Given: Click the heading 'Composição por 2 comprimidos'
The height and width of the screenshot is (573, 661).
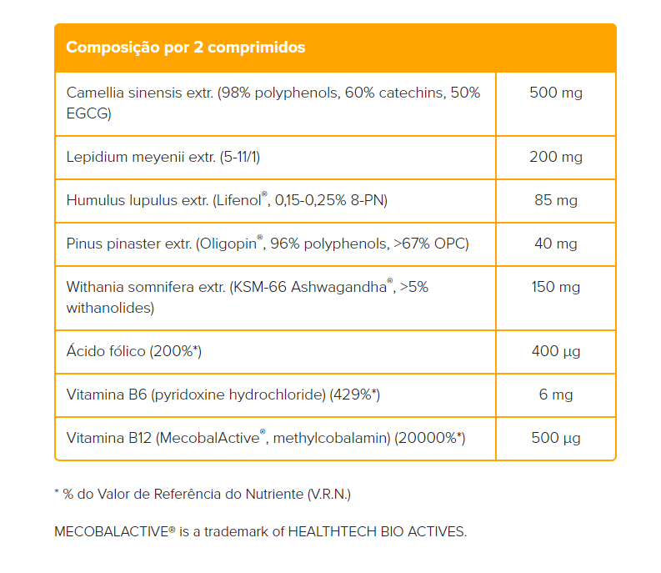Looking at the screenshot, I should pyautogui.click(x=185, y=48).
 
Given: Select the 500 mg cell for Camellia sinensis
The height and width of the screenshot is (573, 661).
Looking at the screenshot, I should pyautogui.click(x=555, y=93).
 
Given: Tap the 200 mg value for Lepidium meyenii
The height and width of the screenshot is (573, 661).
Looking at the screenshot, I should pyautogui.click(x=555, y=157).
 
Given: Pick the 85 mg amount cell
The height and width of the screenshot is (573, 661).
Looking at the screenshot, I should pyautogui.click(x=555, y=200).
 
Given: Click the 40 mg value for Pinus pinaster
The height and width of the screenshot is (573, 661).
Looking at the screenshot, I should pyautogui.click(x=555, y=244).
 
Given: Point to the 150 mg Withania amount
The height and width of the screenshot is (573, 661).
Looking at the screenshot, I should pyautogui.click(x=555, y=287).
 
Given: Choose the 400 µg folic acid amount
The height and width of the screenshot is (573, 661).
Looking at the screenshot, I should pyautogui.click(x=555, y=351).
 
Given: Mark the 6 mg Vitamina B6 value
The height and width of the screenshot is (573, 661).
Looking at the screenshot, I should pyautogui.click(x=555, y=395).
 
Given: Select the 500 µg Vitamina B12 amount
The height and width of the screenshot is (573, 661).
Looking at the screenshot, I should pyautogui.click(x=555, y=438).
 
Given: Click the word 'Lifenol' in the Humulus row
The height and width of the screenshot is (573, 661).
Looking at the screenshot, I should pyautogui.click(x=238, y=200).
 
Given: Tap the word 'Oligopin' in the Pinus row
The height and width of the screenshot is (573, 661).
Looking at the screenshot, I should pyautogui.click(x=228, y=244).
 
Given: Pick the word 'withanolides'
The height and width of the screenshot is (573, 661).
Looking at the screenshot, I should pyautogui.click(x=110, y=308).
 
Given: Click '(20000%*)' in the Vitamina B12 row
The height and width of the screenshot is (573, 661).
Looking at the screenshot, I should pyautogui.click(x=430, y=438).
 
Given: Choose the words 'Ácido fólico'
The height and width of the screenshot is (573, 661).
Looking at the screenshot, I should pyautogui.click(x=106, y=351).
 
